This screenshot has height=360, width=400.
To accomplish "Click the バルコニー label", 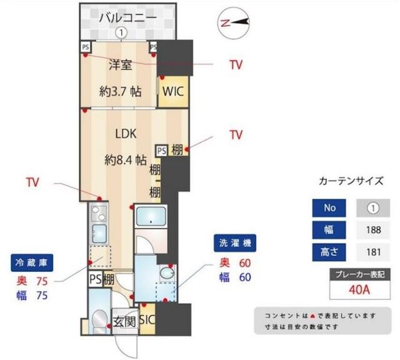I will [x=127, y=17].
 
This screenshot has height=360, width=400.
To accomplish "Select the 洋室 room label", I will [x=120, y=64].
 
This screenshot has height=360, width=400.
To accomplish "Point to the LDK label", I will [x=125, y=134].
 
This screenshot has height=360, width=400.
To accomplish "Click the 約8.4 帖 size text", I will [x=129, y=159].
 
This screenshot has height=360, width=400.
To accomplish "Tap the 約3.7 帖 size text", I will [x=120, y=91].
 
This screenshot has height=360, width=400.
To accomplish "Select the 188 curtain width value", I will [x=373, y=229].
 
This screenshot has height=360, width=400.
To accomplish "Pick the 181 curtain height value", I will [x=373, y=253].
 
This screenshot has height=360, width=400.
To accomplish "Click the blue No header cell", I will [x=330, y=206].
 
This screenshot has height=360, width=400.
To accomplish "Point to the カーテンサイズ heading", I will [x=351, y=181].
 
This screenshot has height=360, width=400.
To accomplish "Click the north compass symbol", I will [x=234, y=22].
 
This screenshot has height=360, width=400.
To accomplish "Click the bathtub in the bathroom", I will [x=150, y=218].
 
